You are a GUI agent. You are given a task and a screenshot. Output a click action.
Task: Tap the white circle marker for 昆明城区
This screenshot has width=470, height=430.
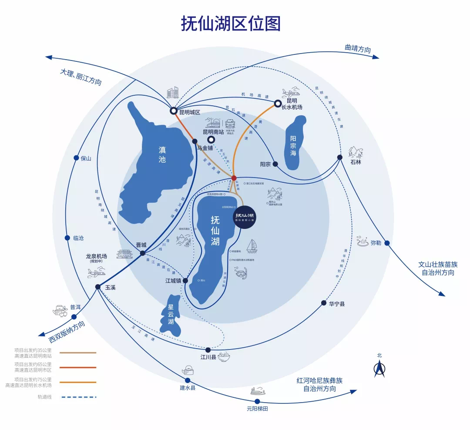[x=174, y=111]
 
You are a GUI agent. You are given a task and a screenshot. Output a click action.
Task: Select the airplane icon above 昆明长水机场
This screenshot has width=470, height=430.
[x=291, y=93]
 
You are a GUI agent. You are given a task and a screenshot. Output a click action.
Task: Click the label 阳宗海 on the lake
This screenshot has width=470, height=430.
[x=293, y=146]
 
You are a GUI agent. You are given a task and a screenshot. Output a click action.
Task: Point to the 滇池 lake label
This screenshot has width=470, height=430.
[x=162, y=154]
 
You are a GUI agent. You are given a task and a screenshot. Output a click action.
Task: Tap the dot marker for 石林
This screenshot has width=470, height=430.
[x=339, y=157]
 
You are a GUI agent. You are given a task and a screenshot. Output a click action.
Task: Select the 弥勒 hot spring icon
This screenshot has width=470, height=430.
[x=363, y=241]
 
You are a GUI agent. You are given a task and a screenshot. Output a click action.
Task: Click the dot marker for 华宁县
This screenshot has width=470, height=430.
[x=324, y=303]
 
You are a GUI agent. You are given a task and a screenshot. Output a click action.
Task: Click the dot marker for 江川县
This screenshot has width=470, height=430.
[x=208, y=350]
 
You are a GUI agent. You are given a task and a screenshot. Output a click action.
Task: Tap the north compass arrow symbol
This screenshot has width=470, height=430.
[x=379, y=369]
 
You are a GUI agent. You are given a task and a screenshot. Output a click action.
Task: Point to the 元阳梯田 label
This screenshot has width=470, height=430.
[x=257, y=409]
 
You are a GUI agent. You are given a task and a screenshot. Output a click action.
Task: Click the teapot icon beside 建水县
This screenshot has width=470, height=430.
[x=188, y=370]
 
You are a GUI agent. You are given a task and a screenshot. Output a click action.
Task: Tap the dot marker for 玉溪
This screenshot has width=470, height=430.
[x=98, y=287]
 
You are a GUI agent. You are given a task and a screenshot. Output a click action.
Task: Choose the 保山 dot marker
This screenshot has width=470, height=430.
[x=77, y=158]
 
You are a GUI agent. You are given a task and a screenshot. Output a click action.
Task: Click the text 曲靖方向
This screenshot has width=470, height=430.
[x=358, y=49]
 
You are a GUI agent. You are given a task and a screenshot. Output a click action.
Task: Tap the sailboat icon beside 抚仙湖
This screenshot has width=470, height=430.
[x=252, y=247]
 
